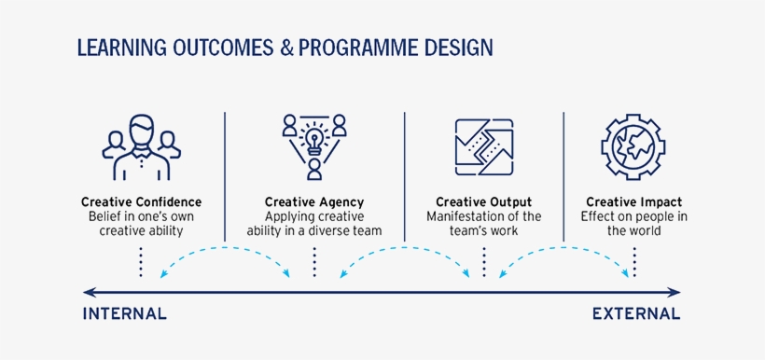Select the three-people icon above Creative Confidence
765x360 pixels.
pos(141,149)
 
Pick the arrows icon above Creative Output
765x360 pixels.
pos(483,149)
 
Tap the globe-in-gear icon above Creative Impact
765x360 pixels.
pos(633,149)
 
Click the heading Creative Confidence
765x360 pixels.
pos(141,202)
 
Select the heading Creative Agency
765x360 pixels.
pos(314,202)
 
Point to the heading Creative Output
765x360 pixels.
pos(483,202)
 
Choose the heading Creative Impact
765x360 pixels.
pos(633,202)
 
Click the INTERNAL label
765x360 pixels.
pos(125,314)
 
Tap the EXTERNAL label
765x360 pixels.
pos(636,314)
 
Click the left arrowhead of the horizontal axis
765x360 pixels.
pos(87,291)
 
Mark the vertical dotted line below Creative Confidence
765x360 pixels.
pos(141,261)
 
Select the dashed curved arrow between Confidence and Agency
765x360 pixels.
pos(226,250)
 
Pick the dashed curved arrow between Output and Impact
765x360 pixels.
pos(564,250)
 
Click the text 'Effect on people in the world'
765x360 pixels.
pos(633,224)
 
